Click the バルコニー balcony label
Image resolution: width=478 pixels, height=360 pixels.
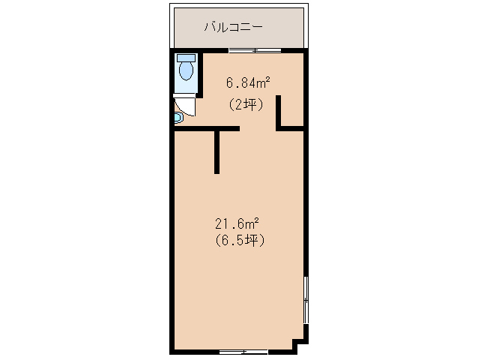233,28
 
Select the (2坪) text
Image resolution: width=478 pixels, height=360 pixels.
246,105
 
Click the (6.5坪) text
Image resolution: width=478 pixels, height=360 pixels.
238,241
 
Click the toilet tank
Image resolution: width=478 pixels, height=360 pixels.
186,58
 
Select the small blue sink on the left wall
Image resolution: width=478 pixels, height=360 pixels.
178,118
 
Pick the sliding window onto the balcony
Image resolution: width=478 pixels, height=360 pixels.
255,50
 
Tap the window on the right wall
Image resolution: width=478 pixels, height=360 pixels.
306,299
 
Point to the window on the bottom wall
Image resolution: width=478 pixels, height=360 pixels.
243,351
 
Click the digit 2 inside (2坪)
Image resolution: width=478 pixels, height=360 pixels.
239,105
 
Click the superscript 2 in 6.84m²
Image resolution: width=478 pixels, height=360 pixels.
267,78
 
